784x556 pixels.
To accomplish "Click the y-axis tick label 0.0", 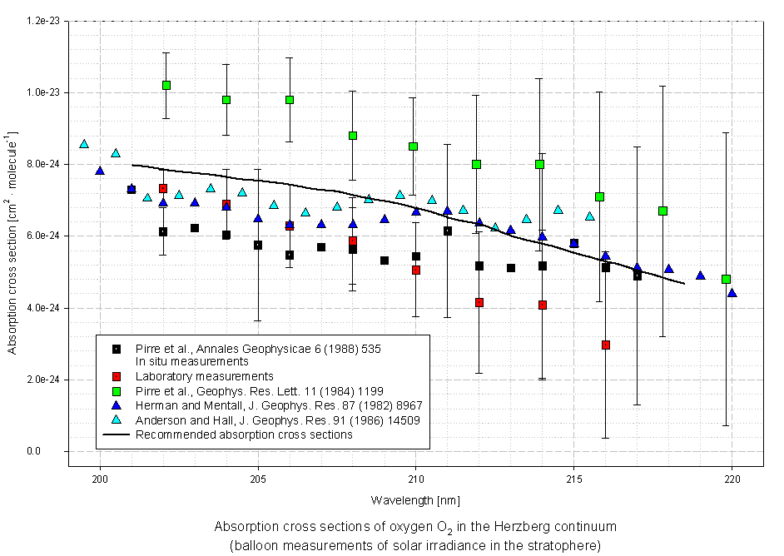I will (x=52, y=452).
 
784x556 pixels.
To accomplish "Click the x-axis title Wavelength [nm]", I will (x=415, y=500).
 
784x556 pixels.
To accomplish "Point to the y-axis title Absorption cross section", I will (x=13, y=241).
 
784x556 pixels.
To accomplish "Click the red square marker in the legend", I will (x=117, y=375).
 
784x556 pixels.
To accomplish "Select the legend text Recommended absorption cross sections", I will (x=244, y=434).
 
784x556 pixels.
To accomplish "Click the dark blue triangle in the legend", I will (x=117, y=405).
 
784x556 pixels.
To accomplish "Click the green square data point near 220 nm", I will (x=726, y=279).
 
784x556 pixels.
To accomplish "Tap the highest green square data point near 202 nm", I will (x=166, y=85).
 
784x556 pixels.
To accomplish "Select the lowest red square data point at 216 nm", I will (x=606, y=345).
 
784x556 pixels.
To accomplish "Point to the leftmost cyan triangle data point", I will (x=84, y=144).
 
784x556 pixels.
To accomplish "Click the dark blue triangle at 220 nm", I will (x=732, y=293).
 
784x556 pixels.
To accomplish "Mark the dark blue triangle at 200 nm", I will (x=100, y=171).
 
